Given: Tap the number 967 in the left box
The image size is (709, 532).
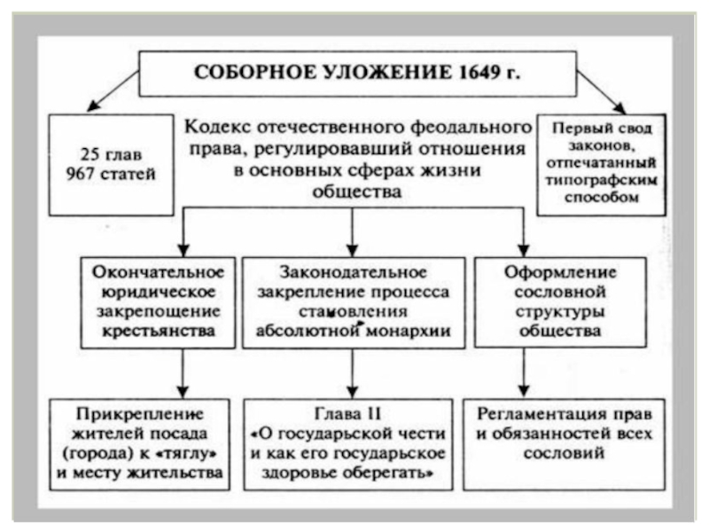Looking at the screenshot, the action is click(x=80, y=173).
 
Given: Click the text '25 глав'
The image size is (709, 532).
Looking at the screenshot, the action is click(x=111, y=154).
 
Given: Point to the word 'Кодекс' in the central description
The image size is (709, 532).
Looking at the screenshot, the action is click(x=218, y=127).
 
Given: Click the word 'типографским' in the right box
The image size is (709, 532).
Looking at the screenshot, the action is click(x=602, y=180).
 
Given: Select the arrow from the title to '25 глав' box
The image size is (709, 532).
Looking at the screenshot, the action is click(x=113, y=91).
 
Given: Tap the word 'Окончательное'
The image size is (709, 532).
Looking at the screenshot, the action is click(x=159, y=272).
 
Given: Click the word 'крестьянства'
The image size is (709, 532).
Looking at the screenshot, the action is click(x=159, y=331).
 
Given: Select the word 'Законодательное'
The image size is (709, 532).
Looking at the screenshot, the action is click(x=353, y=272).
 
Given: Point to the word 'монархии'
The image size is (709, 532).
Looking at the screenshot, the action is click(x=409, y=331).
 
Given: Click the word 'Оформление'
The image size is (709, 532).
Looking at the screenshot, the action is click(x=560, y=272).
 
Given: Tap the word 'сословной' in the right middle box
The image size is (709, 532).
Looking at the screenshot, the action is click(x=560, y=292).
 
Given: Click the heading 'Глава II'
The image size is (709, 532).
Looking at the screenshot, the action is click(x=347, y=413).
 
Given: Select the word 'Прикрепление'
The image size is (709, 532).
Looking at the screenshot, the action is click(x=140, y=413).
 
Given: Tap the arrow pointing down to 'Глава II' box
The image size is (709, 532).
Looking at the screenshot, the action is click(x=353, y=373).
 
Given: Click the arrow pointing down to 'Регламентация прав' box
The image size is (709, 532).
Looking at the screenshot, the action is click(x=524, y=372).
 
